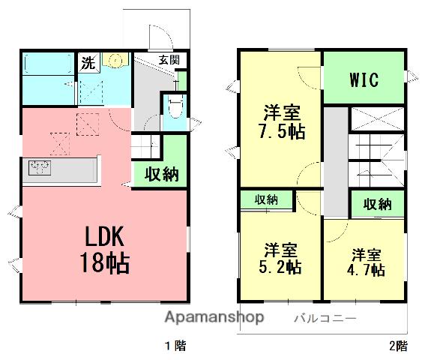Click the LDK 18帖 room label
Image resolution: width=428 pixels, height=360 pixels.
(104, 250)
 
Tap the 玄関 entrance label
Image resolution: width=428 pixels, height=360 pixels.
(169, 60)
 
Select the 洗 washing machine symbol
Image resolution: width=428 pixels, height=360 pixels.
(88, 63)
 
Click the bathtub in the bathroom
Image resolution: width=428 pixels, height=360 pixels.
(48, 64)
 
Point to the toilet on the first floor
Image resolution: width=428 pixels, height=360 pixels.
(175, 106)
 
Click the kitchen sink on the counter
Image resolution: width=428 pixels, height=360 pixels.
(40, 167)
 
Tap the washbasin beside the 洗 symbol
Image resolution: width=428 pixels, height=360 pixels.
(115, 60)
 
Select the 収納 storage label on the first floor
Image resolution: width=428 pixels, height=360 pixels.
(162, 174)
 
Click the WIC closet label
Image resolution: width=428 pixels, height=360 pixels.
(364, 79)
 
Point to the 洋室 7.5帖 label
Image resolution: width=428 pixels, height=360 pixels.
(281, 121)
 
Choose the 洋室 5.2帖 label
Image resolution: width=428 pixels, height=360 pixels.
(280, 258)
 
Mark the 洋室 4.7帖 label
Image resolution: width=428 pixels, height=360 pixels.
(366, 262)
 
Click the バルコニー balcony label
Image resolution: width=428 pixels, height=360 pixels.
(325, 319)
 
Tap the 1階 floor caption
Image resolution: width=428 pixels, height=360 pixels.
(175, 346)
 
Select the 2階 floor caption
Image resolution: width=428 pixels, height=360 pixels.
(398, 346)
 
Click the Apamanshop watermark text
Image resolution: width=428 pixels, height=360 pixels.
(214, 317)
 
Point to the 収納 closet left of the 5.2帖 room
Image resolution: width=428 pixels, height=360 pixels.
(266, 200)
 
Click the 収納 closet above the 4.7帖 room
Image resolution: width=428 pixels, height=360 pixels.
(378, 204)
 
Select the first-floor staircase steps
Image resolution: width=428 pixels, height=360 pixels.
(145, 147)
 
